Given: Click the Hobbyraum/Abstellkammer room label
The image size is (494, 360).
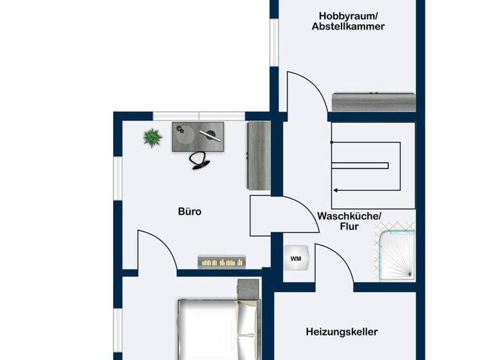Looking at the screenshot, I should coord(348,21).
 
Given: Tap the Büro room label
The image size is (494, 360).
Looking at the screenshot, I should coord(190,211).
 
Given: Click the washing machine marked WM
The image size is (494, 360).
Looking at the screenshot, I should coord(296,258).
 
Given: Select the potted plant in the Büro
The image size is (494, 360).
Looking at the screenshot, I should coord(152,138).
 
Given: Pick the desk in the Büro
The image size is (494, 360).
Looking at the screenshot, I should coord(197,136).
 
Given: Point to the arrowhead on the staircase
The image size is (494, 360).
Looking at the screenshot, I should coord(336,190).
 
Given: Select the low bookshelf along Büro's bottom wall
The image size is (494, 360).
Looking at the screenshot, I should coord(222,260).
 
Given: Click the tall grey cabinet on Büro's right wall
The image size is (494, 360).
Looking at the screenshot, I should coord(259,156).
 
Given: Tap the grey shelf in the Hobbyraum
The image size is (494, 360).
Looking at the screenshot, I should coord(373,102).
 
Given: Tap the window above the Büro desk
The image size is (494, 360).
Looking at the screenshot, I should coord(199,116).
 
